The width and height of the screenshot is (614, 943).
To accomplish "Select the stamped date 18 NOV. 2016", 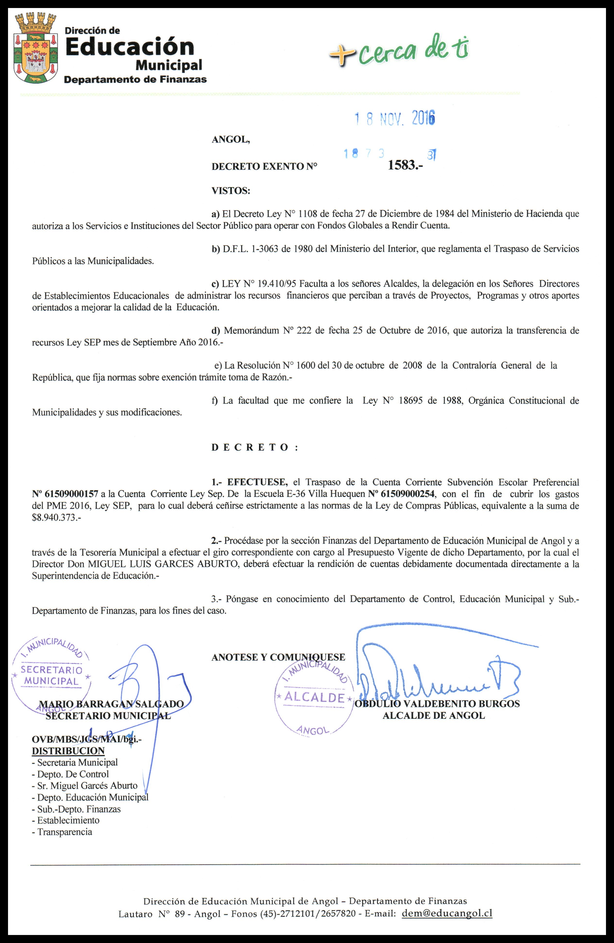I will pos(395,118).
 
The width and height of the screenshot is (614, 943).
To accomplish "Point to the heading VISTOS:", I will pos(231,191).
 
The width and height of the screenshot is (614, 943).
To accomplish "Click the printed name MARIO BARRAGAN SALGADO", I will pos(111,704).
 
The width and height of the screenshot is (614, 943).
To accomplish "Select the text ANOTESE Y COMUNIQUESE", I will pos(278,657).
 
